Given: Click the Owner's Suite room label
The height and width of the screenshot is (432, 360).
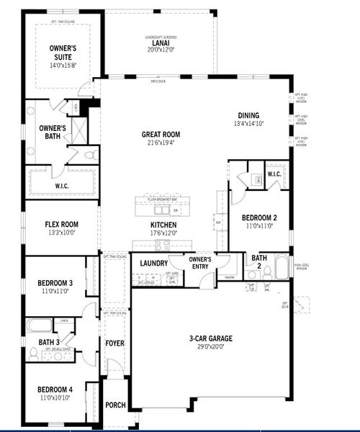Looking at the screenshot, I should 63,53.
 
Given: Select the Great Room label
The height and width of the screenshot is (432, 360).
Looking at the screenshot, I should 161,134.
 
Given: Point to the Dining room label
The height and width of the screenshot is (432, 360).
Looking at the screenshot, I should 248,115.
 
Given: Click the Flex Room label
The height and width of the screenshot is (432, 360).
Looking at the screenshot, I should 60,224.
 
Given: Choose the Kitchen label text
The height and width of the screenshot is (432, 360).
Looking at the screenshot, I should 163,224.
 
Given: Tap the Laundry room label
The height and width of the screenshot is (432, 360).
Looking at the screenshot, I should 154,264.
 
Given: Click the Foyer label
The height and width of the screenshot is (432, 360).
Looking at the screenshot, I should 115,343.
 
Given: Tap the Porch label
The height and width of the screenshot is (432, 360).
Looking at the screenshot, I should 115,405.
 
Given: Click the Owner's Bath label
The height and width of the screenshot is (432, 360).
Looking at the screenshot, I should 53,132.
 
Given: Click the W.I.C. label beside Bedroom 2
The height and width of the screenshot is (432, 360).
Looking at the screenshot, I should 274,174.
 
